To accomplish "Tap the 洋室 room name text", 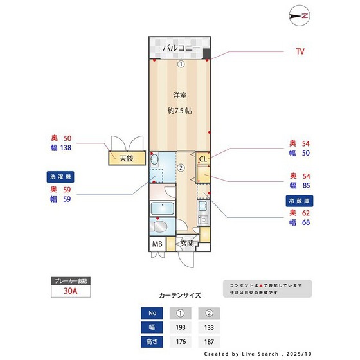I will (x=179, y=95).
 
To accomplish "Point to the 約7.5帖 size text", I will (x=179, y=110).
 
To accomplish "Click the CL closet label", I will (x=202, y=159).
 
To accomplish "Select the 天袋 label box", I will (x=126, y=158).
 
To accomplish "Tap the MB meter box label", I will (x=157, y=244).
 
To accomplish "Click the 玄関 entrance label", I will (x=186, y=244).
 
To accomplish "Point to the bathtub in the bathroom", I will (x=162, y=210).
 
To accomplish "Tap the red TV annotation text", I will (x=300, y=51).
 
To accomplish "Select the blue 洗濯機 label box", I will (x=62, y=176).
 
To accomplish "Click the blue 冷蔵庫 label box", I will (x=298, y=201).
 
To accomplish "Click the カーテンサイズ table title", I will (x=180, y=296).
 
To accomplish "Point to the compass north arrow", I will (x=300, y=15).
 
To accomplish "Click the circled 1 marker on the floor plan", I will (x=181, y=64).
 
